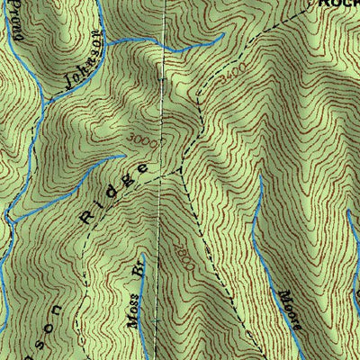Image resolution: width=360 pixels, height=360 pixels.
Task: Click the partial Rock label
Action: [340, 4]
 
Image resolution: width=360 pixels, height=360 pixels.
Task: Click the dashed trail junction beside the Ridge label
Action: [181, 170]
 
